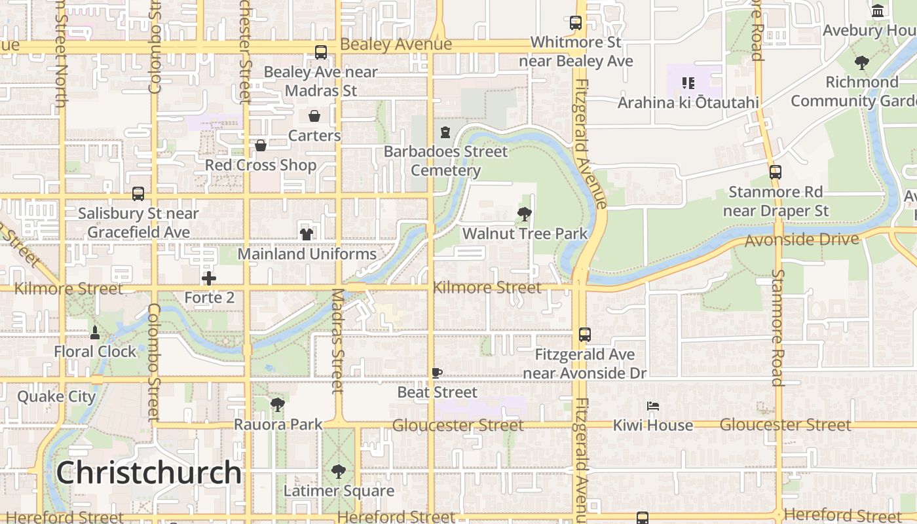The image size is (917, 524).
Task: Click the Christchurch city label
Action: coord(149,473)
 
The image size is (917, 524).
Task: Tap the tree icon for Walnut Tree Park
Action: coord(524,214)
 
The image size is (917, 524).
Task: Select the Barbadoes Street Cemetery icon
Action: coord(445,132)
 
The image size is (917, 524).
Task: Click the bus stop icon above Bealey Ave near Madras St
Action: coord(321,52)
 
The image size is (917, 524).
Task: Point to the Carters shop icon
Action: coord(314,116)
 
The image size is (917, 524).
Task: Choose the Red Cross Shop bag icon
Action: coord(261,145)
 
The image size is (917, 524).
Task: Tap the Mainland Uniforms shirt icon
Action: coord(306,234)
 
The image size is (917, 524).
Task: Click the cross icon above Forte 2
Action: coord(209,278)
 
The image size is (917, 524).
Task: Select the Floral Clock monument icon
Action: coord(95,333)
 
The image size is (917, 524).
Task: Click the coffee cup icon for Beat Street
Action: coord(437,373)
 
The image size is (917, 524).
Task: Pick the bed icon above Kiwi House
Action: coord(652,406)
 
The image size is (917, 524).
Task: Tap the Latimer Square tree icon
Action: coord(338,471)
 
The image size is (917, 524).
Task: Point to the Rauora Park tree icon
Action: coord(278,405)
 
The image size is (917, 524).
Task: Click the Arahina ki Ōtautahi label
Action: coord(688,103)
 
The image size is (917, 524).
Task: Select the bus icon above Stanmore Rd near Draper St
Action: coord(776,172)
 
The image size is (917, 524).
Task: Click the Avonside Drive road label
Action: coord(802,240)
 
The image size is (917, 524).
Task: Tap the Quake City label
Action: coord(56,396)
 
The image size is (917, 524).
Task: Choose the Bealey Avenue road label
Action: coord(396,45)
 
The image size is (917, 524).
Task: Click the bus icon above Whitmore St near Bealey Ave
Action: coord(576,23)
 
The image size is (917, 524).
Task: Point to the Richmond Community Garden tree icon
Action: coord(862,63)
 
